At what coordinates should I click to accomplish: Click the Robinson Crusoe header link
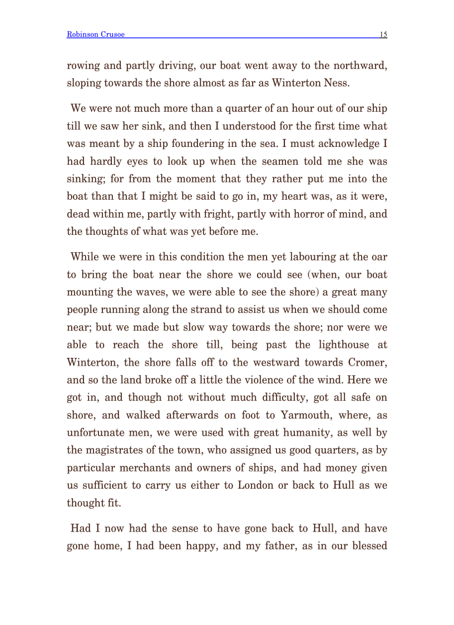(x=95, y=35)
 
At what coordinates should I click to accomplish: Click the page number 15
(x=383, y=35)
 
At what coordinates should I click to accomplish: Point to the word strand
(x=222, y=309)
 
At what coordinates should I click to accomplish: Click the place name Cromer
(x=367, y=362)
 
